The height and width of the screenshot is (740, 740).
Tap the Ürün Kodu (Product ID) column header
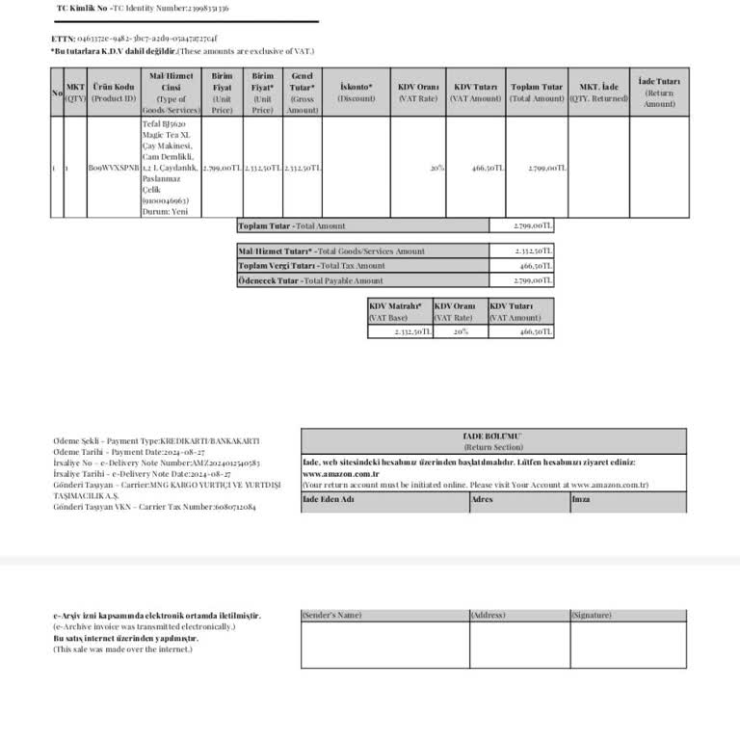114,92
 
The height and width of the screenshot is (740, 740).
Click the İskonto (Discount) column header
356,92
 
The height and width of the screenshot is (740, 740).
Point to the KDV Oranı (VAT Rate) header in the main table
418,92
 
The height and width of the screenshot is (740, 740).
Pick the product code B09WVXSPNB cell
114,168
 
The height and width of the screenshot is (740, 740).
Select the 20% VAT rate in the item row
437,168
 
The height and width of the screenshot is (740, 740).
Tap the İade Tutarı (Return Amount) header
659,92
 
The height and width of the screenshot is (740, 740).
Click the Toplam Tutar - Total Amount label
292,226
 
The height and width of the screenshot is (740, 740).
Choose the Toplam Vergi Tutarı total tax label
311,266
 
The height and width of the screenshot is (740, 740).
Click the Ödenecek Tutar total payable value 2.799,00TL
534,281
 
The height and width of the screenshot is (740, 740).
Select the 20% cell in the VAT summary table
461,331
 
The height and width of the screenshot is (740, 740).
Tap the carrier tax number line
155,506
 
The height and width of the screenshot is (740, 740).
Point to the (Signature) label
591,615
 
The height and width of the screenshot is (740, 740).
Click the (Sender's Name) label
332,615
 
